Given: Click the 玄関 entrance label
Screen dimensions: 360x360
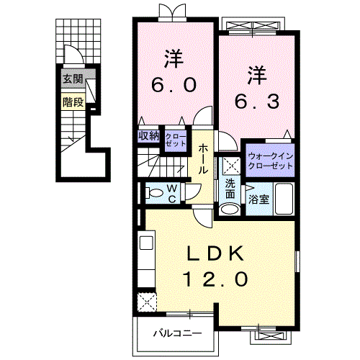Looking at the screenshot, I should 71,78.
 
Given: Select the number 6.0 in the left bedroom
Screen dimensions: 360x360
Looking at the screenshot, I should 174,86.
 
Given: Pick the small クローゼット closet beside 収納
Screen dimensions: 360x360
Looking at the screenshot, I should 175,140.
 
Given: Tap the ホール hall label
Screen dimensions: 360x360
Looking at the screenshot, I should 204,161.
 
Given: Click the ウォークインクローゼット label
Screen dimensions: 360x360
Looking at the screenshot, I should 271,160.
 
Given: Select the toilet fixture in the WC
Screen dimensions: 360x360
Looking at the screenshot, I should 153,193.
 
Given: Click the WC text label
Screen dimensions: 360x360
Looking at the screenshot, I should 173,192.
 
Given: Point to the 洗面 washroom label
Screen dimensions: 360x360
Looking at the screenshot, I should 230,189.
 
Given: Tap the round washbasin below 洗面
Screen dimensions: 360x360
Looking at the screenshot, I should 229,210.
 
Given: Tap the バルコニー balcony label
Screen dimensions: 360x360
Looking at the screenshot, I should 176,333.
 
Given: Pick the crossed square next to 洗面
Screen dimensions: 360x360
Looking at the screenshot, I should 230,165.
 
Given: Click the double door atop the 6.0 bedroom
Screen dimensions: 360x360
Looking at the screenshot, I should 173,12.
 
